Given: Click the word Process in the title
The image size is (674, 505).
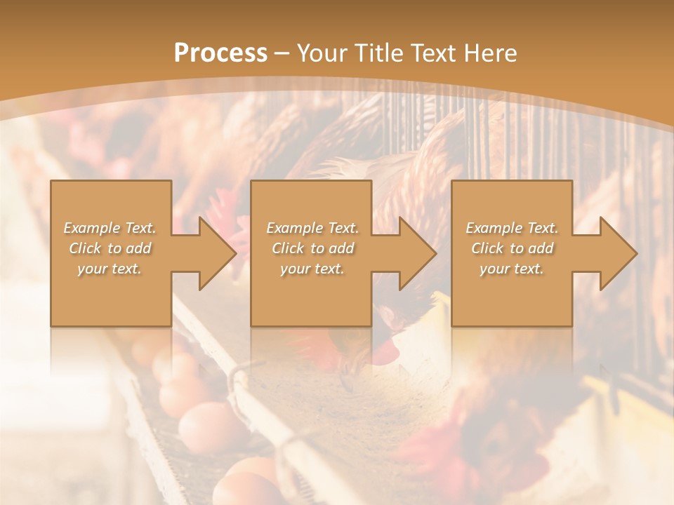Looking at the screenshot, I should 220,53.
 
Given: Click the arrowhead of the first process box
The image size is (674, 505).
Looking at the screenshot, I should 214,253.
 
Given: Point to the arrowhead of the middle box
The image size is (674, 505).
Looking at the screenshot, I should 415,253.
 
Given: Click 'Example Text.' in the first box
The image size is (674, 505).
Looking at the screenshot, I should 110,227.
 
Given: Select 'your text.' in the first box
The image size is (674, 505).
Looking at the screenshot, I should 110,269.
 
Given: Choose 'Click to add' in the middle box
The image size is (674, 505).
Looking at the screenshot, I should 312,248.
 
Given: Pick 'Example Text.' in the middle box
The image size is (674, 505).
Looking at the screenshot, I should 312,227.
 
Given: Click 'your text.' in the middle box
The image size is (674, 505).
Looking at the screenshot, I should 312,269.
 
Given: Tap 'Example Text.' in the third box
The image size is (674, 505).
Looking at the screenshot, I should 512,227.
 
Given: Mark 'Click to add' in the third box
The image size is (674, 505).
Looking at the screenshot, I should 512,248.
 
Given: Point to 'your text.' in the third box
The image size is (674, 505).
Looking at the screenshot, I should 512,269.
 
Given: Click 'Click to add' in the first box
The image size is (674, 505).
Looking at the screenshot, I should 110,248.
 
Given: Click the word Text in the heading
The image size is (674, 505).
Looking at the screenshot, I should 434,53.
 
